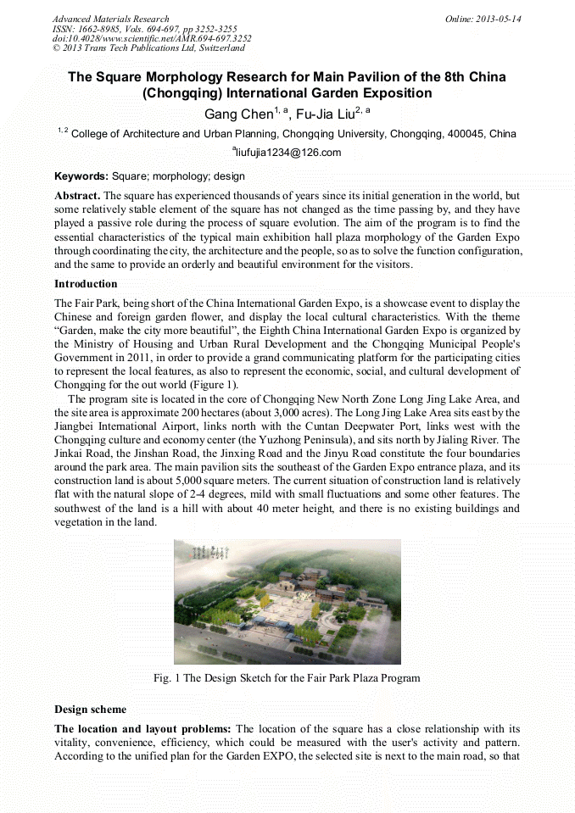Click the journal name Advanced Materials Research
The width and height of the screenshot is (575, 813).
(110, 19)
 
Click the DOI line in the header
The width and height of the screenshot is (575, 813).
(151, 38)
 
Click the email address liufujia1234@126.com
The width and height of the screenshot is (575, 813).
(288, 153)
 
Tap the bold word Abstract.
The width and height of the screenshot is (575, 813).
(77, 196)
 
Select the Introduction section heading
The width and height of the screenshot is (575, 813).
(86, 283)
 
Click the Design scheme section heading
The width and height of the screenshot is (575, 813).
(90, 709)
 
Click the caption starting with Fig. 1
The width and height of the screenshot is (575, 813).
(287, 678)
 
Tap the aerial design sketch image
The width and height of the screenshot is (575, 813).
(287, 601)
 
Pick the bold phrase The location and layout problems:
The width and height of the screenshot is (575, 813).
(142, 729)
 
